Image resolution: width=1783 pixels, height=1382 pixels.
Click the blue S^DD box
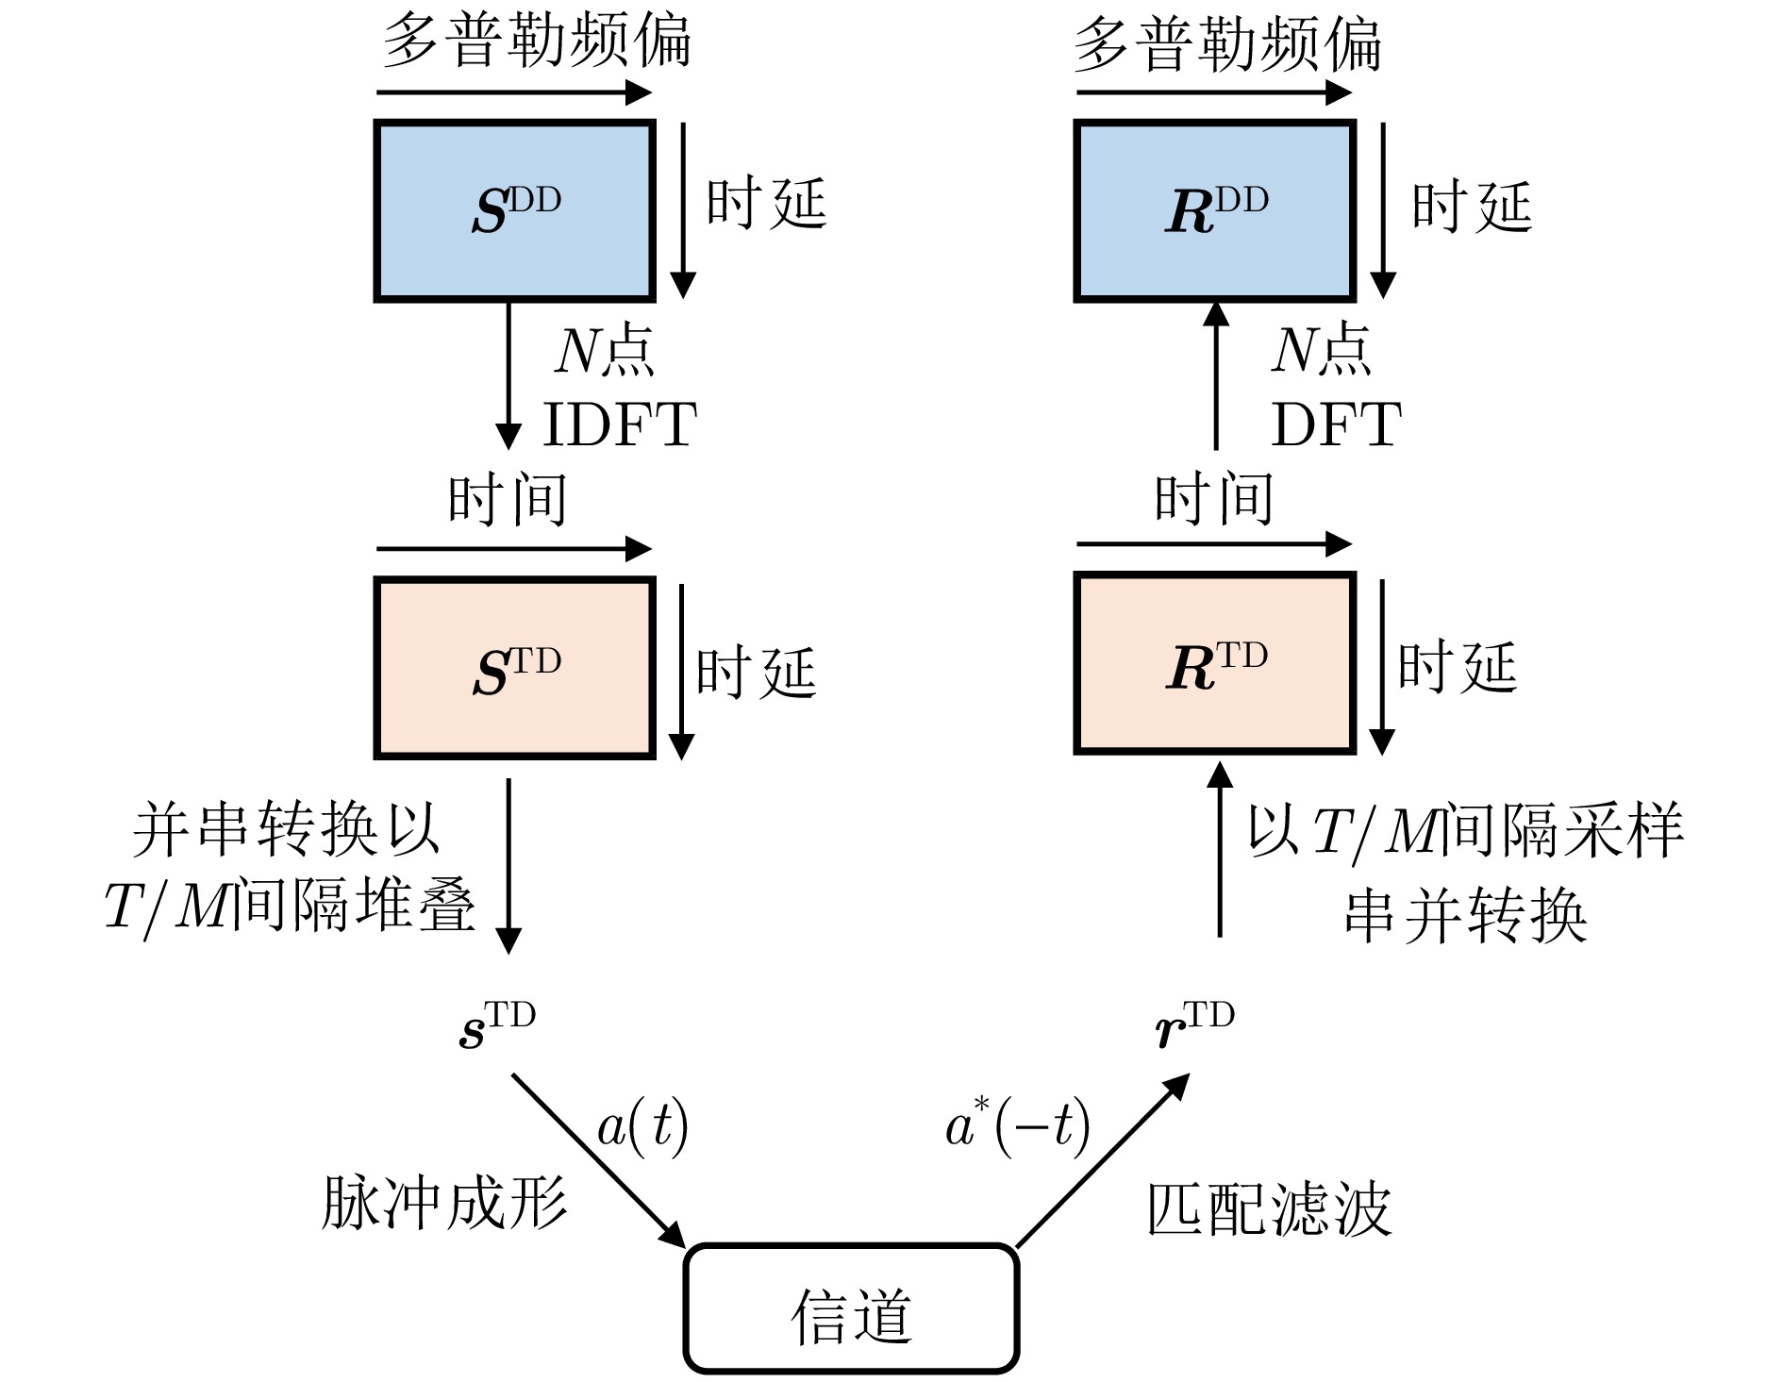pos(514,211)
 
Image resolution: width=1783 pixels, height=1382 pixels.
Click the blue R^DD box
pos(1215,211)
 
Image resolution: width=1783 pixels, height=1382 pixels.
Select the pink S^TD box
pos(514,668)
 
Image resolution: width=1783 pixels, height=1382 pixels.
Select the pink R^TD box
pos(1215,663)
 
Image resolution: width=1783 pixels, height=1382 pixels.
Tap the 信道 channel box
pos(851,1307)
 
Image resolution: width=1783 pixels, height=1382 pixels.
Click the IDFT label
pos(620,425)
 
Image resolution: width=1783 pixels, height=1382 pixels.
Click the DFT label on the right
pos(1336,425)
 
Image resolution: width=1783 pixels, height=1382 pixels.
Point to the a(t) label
pos(642,1126)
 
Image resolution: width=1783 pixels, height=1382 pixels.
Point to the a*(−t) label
pos(1018,1126)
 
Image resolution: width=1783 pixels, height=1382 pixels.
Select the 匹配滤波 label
pos(1269,1209)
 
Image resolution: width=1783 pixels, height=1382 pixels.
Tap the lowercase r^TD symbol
pos(1194,1026)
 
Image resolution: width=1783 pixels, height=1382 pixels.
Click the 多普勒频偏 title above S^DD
pos(536,42)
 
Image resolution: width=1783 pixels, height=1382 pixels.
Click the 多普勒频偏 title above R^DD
pos(1227,44)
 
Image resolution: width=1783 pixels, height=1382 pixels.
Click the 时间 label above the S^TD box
pos(508,499)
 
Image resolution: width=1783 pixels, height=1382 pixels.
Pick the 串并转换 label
pos(1465,915)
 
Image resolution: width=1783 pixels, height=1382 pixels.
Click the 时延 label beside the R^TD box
pos(1457,667)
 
